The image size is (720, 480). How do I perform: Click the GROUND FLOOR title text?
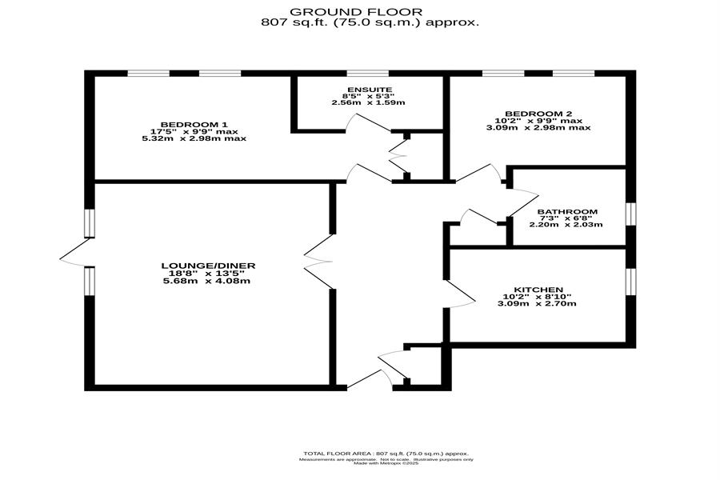tap(370, 11)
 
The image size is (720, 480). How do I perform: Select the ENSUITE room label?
tap(369, 89)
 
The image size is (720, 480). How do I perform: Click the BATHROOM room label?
tap(567, 212)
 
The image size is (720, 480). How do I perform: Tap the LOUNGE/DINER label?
tap(208, 266)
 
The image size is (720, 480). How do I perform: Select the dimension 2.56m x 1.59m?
tap(369, 102)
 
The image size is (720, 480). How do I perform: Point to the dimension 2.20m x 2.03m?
tap(566, 225)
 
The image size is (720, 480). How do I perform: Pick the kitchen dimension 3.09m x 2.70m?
tap(538, 303)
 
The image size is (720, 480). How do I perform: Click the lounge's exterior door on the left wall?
tap(75, 258)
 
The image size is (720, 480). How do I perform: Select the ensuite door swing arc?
tap(355, 122)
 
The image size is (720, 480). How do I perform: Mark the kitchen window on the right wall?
tap(630, 280)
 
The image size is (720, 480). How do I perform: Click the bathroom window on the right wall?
tap(630, 214)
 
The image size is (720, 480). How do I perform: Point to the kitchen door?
tap(460, 295)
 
